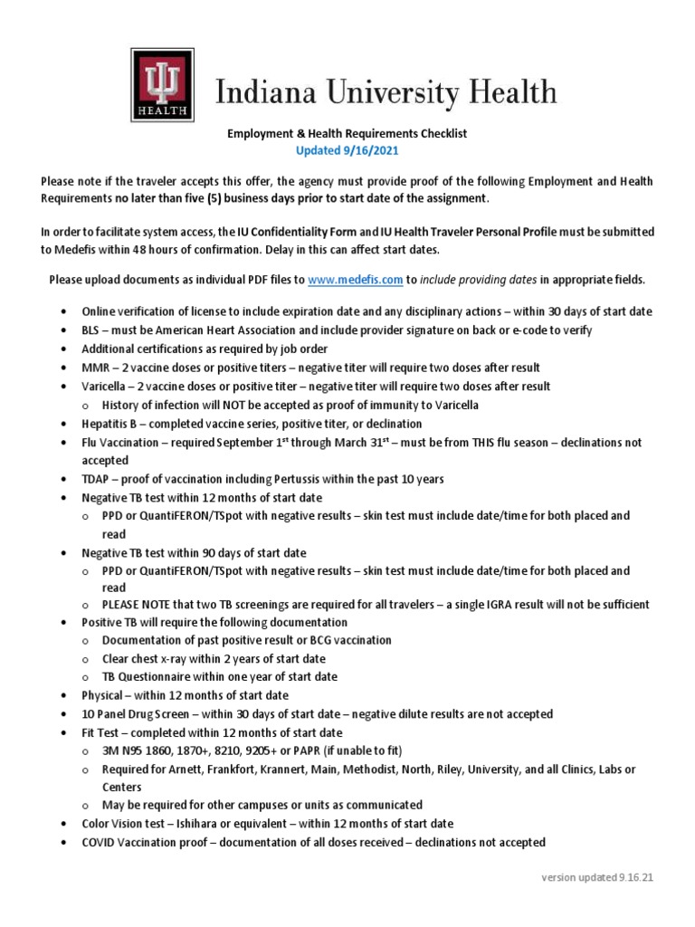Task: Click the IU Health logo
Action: click(x=164, y=83)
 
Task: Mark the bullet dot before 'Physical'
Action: click(x=63, y=696)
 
